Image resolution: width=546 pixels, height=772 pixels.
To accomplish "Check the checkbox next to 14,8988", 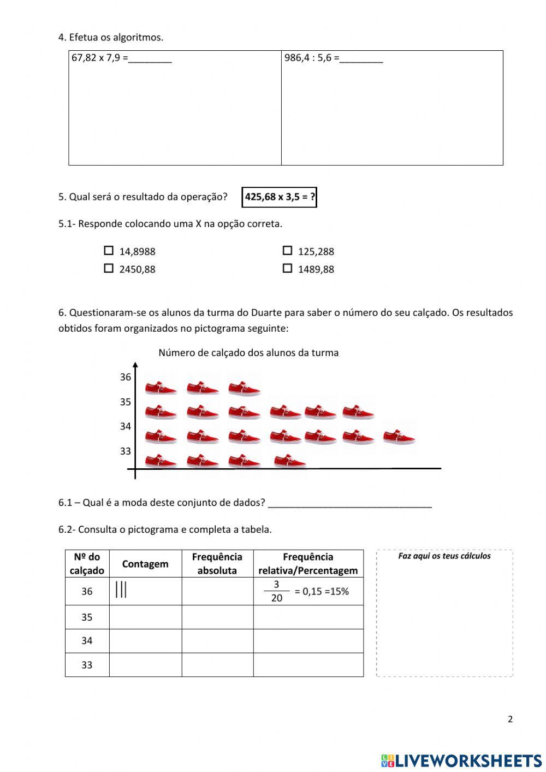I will pyautogui.click(x=109, y=251).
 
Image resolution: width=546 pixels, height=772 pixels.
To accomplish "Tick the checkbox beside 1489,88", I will pyautogui.click(x=287, y=268).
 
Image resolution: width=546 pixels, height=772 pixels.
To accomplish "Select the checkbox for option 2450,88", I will pyautogui.click(x=109, y=268).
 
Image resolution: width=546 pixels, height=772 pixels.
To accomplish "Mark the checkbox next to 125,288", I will pyautogui.click(x=287, y=251).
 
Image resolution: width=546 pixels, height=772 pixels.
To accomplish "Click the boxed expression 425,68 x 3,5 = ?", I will pyautogui.click(x=280, y=197).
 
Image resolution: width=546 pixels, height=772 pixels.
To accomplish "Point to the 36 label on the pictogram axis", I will pyautogui.click(x=126, y=377).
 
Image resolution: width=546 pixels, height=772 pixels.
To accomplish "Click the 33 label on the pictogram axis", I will pyautogui.click(x=126, y=451).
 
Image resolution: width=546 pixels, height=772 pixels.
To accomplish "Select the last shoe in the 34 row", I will pyautogui.click(x=399, y=436).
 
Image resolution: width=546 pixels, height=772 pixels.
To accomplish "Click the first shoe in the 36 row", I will pyautogui.click(x=161, y=388).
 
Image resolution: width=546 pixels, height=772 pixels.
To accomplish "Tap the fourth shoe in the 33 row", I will pyautogui.click(x=289, y=462).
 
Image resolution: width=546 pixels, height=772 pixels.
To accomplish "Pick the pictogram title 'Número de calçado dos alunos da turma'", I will pyautogui.click(x=248, y=353).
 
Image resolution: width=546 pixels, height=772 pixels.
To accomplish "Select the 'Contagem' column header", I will pyautogui.click(x=145, y=564).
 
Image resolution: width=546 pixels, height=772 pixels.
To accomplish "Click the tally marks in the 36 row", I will pyautogui.click(x=121, y=590).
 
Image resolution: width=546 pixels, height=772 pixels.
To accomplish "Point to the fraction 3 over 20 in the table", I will pyautogui.click(x=276, y=591).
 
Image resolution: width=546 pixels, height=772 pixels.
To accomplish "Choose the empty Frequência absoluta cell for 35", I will pyautogui.click(x=217, y=617).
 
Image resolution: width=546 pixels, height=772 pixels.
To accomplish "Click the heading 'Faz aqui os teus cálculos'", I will pyautogui.click(x=444, y=556).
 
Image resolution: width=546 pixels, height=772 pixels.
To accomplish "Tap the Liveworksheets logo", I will pyautogui.click(x=461, y=761).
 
